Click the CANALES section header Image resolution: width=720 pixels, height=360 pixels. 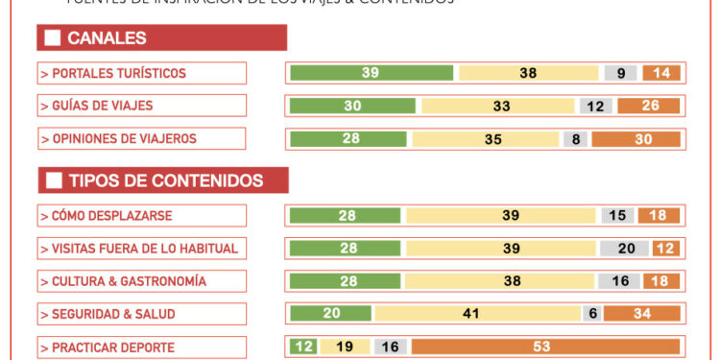tap(161, 38)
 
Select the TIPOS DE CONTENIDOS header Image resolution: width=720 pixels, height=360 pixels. tap(163, 180)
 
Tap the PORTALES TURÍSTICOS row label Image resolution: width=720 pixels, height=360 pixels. tap(142, 73)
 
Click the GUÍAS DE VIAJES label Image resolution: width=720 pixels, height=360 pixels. tap(142, 106)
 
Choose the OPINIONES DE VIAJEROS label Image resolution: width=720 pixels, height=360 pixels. tap(142, 139)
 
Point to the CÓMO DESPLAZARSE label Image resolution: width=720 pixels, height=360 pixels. tap(142, 216)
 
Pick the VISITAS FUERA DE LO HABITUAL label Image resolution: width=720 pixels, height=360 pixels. tap(142, 249)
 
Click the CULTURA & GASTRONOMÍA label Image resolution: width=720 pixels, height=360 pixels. tap(142, 281)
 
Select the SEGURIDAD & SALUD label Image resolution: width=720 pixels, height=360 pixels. tap(142, 314)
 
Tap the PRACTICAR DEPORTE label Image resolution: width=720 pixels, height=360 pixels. tap(142, 347)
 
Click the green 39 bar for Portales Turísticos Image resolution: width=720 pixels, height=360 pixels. tap(371, 73)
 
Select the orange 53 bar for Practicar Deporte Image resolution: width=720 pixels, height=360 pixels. tap(545, 347)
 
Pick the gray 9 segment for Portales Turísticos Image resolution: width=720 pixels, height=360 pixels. tap(621, 73)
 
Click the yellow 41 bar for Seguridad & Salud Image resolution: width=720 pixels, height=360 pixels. tap(476, 314)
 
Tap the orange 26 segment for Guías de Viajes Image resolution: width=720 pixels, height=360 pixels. tap(649, 106)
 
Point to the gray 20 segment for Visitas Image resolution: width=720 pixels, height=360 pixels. tap(626, 249)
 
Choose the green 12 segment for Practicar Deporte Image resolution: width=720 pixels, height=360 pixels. tap(302, 347)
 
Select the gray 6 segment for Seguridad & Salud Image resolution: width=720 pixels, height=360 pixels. tap(591, 314)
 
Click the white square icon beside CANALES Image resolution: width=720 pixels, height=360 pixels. tap(53, 38)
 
